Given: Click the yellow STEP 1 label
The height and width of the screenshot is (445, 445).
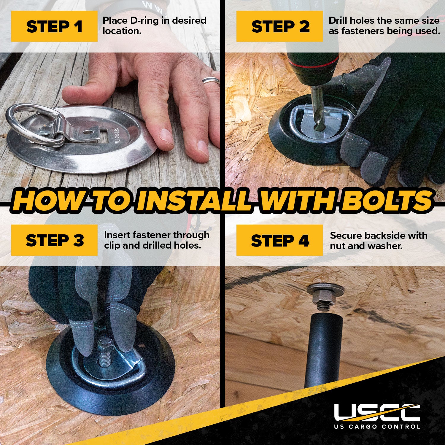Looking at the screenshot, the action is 54,26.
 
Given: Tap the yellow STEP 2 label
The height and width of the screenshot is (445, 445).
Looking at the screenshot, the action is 279,26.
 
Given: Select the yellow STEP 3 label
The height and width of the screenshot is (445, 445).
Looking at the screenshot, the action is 54,240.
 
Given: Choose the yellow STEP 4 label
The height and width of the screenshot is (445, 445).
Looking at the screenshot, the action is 279,240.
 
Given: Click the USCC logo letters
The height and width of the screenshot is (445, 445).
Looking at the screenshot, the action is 377,412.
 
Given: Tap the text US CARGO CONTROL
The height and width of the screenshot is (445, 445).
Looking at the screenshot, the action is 377,427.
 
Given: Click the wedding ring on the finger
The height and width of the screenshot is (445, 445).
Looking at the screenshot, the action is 211,80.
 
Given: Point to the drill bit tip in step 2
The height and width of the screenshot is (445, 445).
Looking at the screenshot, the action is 320,128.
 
